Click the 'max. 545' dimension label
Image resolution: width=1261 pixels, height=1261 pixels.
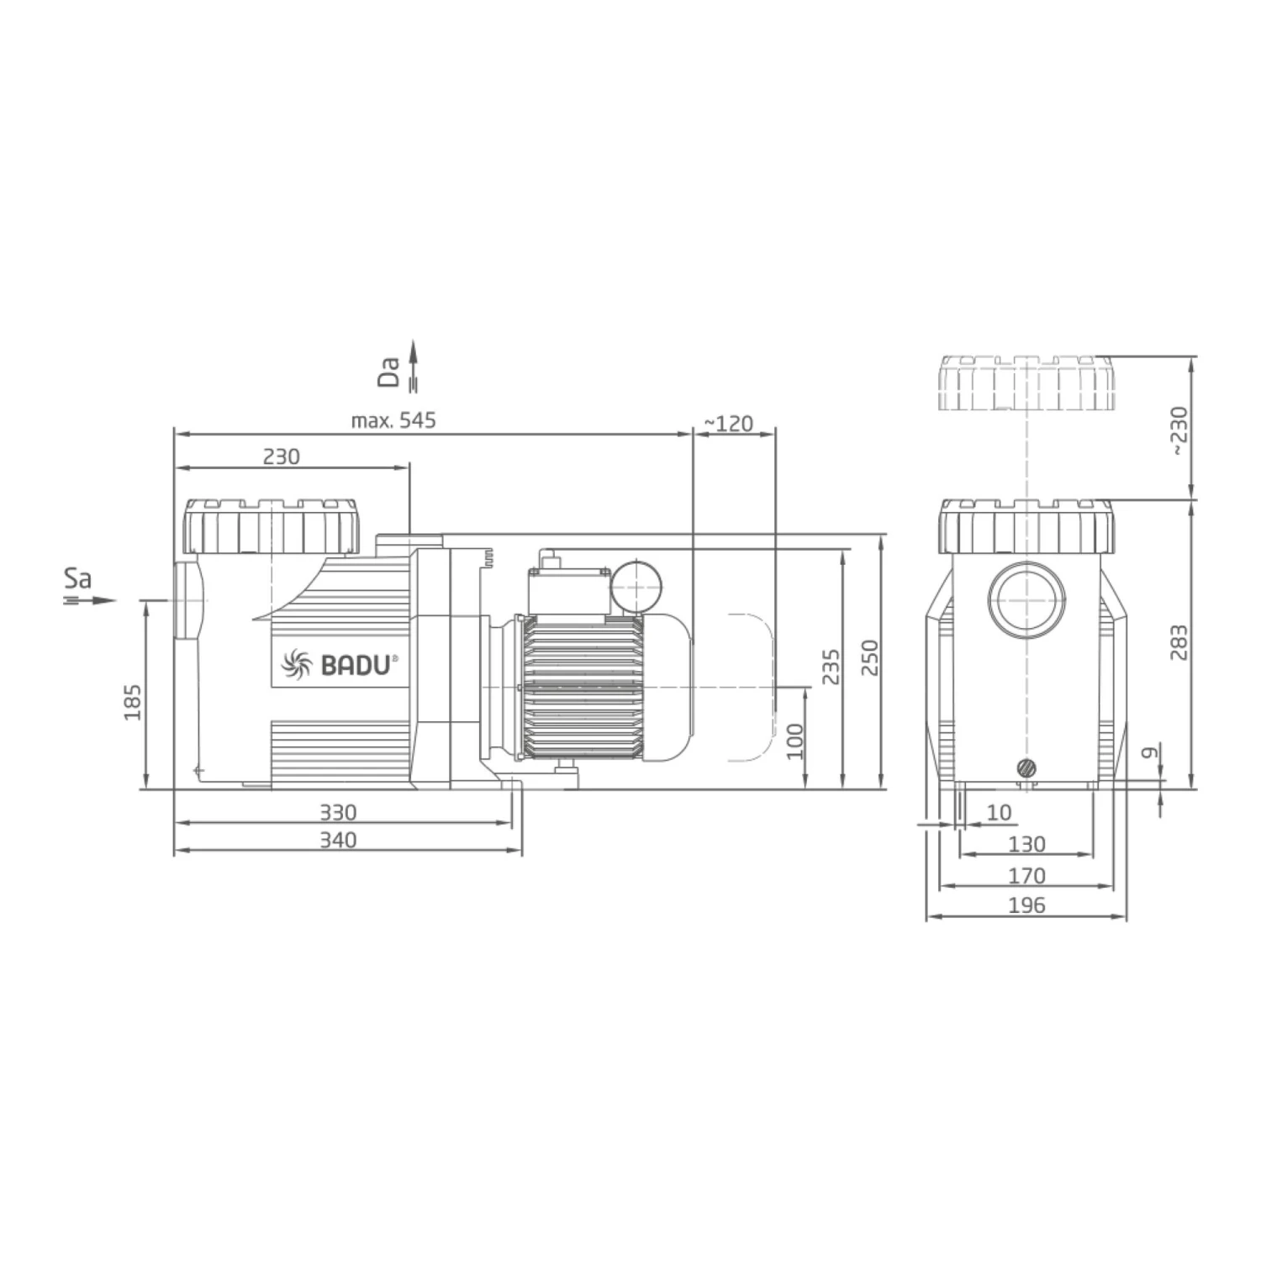[x=393, y=420]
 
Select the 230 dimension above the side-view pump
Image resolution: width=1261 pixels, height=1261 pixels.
[x=281, y=456]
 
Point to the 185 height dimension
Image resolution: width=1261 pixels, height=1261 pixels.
[x=133, y=701]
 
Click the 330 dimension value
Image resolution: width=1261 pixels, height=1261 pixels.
[x=338, y=812]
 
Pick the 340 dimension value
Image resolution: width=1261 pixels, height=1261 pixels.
[x=338, y=840]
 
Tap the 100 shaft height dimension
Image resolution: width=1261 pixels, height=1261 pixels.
[x=794, y=741]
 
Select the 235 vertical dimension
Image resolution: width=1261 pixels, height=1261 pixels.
[x=831, y=667]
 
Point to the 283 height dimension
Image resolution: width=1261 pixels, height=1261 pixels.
[x=1179, y=641]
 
